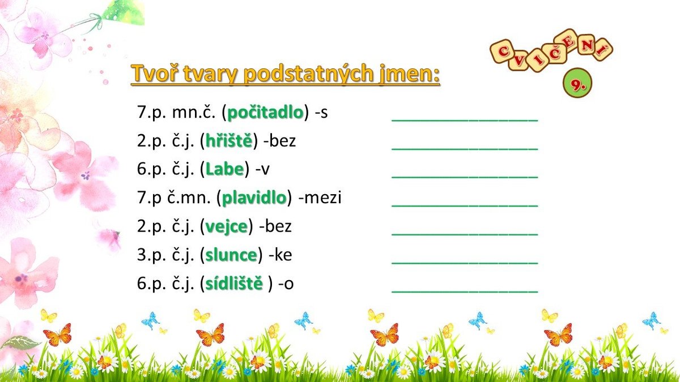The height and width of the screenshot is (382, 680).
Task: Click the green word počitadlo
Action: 265,113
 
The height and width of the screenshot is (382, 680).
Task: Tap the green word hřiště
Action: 229,141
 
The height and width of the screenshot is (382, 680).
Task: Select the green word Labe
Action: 224,169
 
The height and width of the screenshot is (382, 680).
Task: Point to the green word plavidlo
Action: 254,198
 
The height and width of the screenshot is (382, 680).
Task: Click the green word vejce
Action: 227,227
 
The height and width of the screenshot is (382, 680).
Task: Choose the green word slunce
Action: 231,255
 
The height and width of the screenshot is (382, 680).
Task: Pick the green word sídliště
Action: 233,283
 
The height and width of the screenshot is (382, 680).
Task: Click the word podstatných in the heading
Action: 308,74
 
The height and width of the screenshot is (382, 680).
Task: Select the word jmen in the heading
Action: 407,74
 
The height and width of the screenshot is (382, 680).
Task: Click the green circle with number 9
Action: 577,83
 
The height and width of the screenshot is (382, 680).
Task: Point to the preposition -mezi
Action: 320,198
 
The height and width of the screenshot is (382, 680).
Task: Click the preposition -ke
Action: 280,255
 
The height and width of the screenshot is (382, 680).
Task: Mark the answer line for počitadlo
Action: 465,121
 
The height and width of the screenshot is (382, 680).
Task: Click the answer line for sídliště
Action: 465,292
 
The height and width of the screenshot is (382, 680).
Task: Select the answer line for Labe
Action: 465,177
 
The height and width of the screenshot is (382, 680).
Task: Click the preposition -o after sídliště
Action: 286,284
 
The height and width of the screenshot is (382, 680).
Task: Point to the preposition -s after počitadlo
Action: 321,113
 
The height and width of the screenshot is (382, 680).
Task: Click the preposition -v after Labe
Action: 262,169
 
